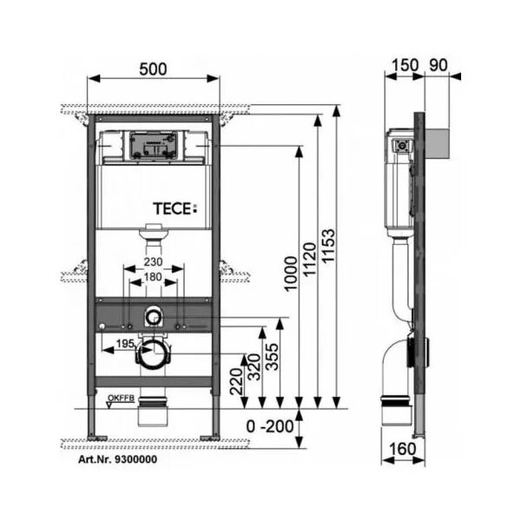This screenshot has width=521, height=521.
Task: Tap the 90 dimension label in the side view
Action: coord(438,64)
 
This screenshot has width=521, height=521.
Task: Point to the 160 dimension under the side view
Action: coord(401,449)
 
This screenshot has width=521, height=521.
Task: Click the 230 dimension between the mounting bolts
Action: coord(154,261)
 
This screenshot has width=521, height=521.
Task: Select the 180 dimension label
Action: coord(154,277)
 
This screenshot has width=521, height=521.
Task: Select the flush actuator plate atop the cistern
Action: coord(153,145)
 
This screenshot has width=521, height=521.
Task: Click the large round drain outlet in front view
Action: coord(153,353)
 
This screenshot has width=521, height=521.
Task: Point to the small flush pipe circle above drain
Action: coord(154,316)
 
